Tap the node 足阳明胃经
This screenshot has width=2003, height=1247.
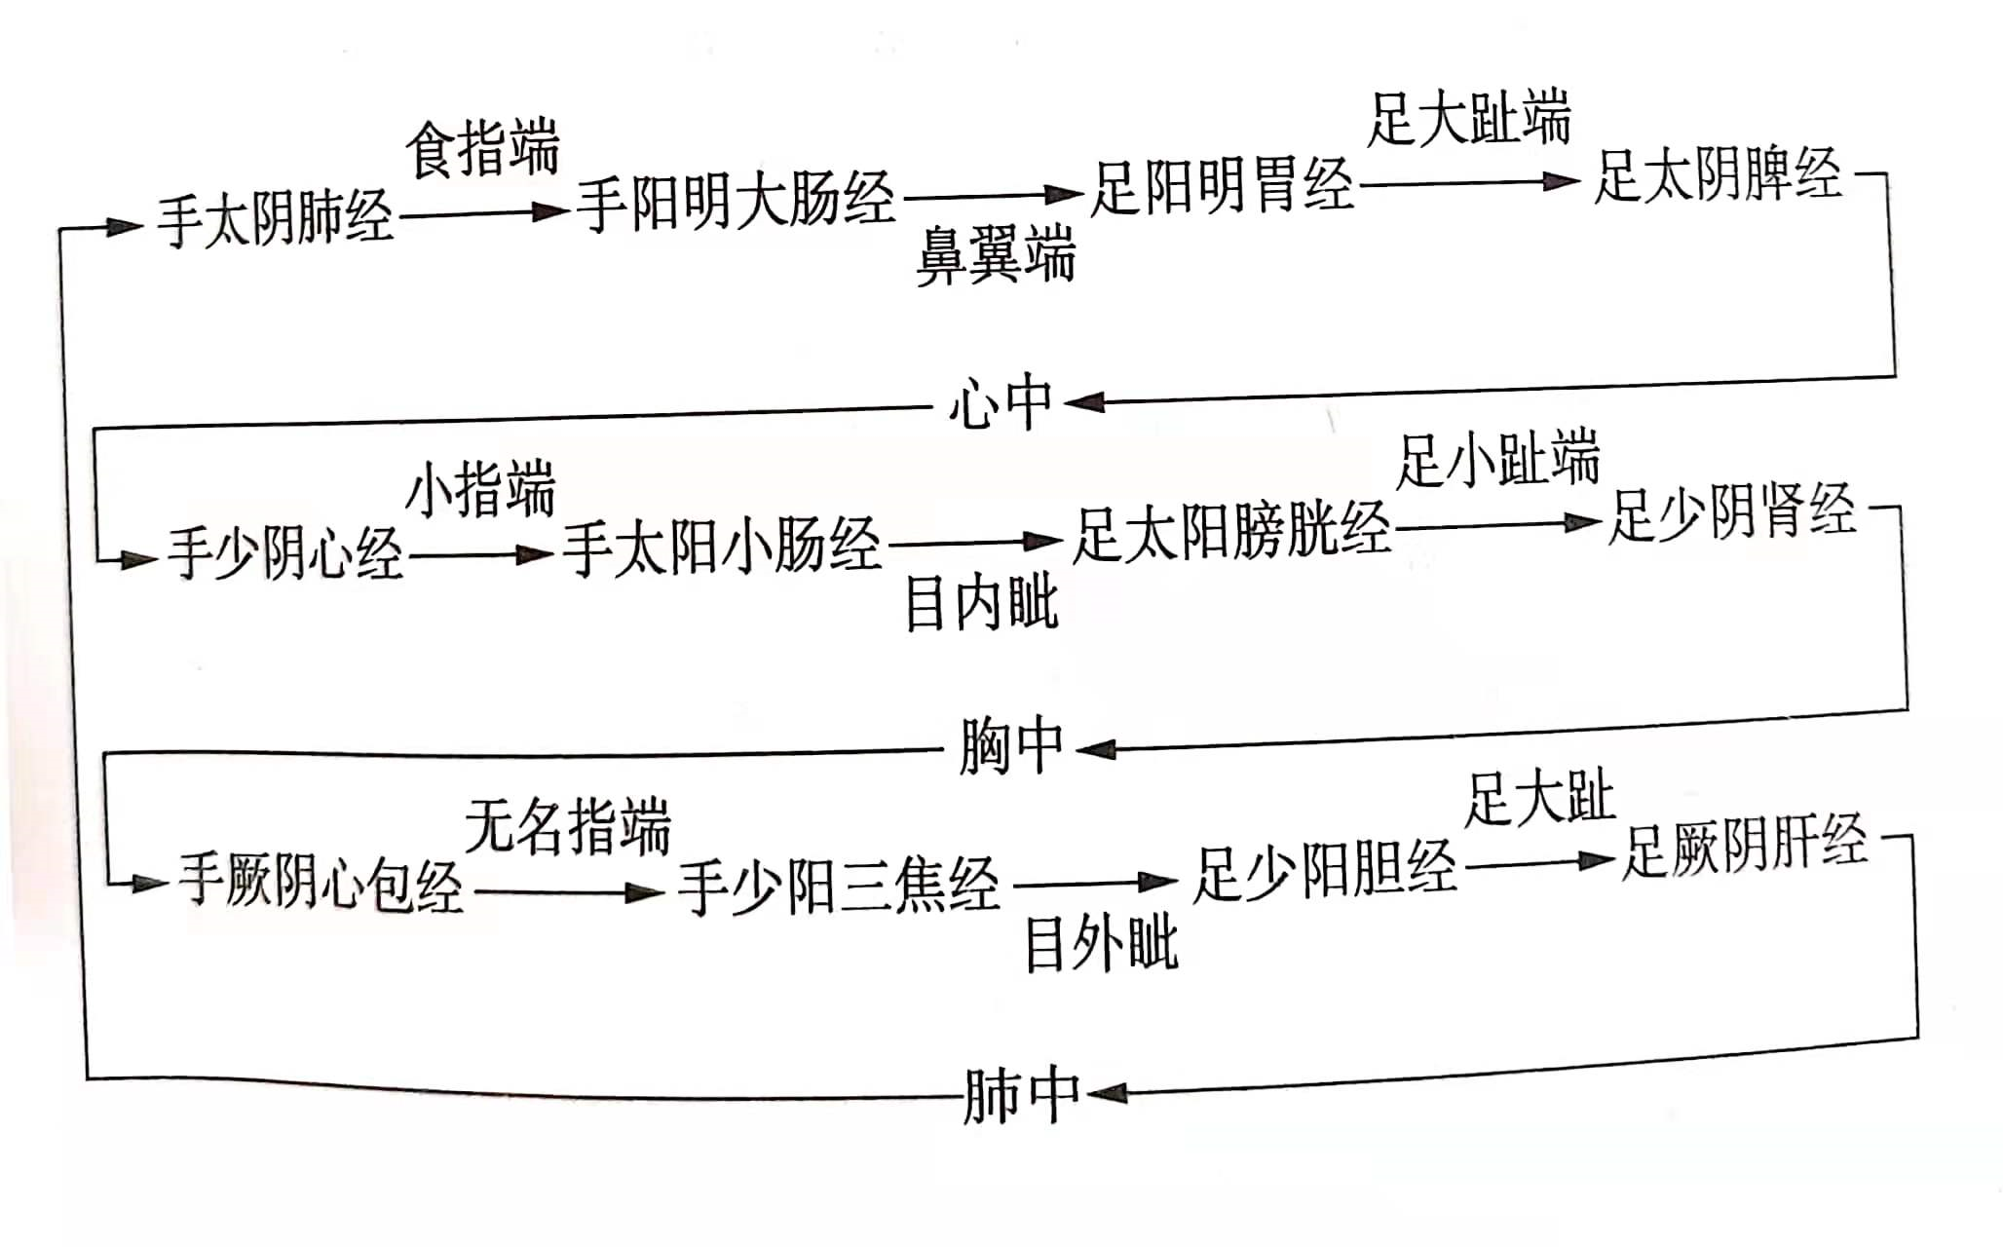pos(1222,185)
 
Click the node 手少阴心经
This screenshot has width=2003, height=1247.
pos(285,554)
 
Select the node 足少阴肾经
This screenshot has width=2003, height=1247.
pos(1731,512)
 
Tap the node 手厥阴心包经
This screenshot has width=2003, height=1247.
pos(321,882)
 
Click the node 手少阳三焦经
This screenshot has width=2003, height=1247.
pos(839,885)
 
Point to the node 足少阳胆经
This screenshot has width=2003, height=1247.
pos(1325,871)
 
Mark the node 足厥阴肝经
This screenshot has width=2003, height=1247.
pos(1744,847)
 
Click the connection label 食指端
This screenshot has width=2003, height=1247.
pos(483,149)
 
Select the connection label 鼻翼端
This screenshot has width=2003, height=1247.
pos(996,256)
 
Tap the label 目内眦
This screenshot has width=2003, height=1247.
pos(981,603)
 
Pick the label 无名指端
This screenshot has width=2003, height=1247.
pos(568,827)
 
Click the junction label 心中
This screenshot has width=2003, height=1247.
pos(1001,403)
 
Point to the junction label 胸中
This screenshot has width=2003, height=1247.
pos(1010,748)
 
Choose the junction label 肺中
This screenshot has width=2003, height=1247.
pos(1021,1096)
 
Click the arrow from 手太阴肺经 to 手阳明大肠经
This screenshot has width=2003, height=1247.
pos(483,213)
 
